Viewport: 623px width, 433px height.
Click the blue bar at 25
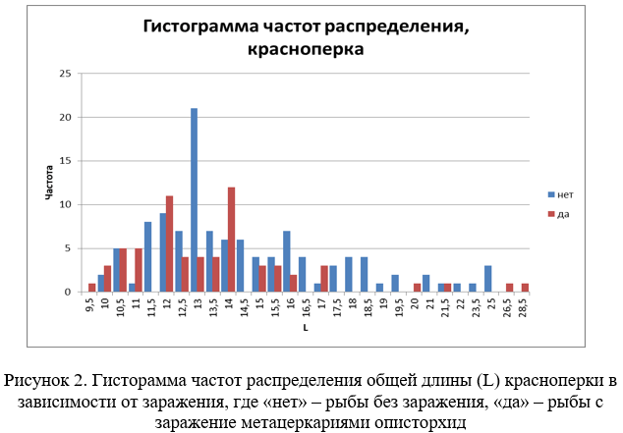point(487,279)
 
